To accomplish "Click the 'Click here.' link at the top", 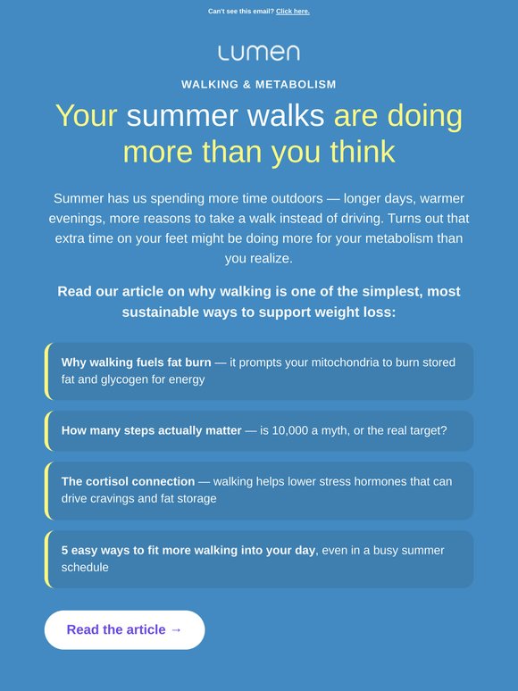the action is point(293,12).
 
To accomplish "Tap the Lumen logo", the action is point(259,53).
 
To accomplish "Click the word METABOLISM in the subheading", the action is point(296,84).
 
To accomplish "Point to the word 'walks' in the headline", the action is point(286,116).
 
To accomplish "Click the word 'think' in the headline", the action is point(363,152).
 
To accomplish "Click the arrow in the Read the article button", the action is point(176,629).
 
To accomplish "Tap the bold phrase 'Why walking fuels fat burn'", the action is point(137,362).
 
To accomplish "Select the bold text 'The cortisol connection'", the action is point(128,481).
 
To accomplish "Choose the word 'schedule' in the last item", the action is point(85,567).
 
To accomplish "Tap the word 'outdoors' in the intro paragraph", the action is point(297,198).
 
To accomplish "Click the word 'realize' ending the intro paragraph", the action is point(257,258).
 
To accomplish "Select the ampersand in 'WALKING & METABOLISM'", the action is point(246,84).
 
